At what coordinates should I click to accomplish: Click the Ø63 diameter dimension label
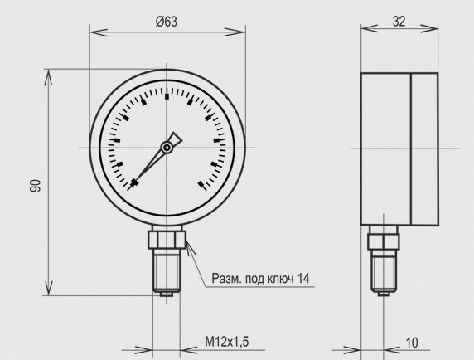click(x=167, y=22)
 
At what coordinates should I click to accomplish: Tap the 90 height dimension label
click(x=35, y=186)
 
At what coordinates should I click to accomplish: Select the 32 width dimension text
click(x=399, y=22)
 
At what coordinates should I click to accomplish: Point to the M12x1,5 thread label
click(x=227, y=342)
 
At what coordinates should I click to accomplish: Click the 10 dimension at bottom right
click(x=411, y=343)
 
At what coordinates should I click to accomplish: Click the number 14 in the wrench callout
click(x=303, y=279)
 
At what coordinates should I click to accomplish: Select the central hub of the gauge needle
click(x=167, y=148)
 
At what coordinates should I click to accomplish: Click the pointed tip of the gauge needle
click(x=128, y=190)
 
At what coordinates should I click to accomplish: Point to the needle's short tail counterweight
click(x=175, y=139)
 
